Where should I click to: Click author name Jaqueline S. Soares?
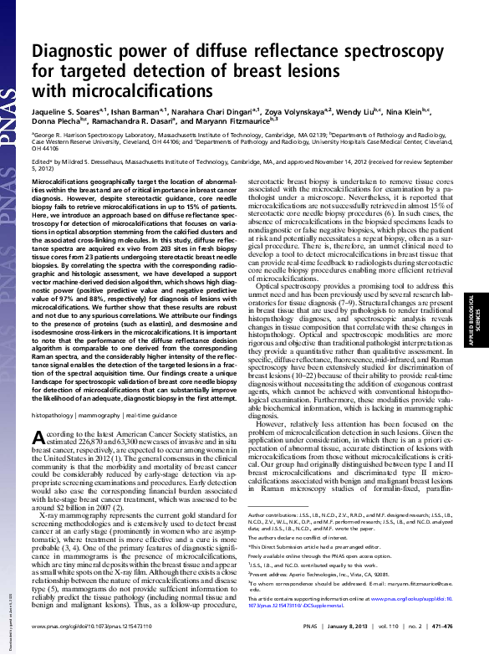(x=67, y=109)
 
